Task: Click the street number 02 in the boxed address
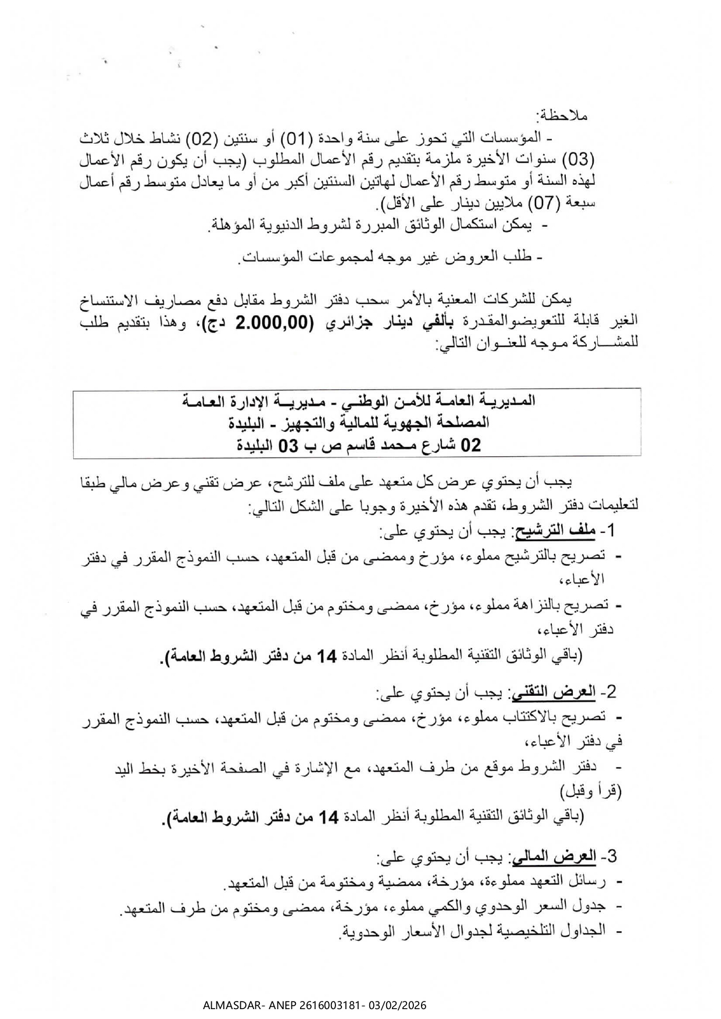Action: (471, 446)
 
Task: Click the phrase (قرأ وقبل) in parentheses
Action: (591, 791)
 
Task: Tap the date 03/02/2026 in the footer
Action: (398, 1005)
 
